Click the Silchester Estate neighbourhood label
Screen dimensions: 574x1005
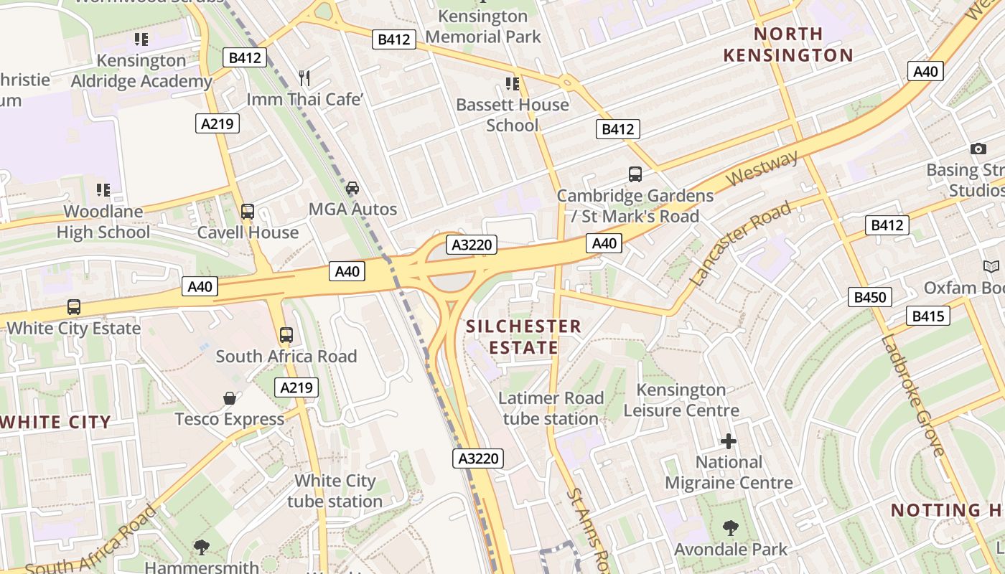click(x=523, y=337)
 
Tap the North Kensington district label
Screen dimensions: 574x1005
click(x=788, y=44)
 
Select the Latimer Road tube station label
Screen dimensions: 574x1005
click(x=551, y=408)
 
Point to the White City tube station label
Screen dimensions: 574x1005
click(x=335, y=491)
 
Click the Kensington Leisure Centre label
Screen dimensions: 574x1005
click(x=681, y=400)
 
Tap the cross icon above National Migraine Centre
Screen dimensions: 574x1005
click(x=729, y=441)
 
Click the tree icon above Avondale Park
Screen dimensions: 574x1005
click(x=730, y=529)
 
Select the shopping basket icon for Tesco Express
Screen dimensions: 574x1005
click(x=230, y=397)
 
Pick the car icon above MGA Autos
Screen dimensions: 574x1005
click(x=352, y=188)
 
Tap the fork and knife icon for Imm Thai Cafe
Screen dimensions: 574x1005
click(x=304, y=77)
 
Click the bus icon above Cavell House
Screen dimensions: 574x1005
click(x=248, y=211)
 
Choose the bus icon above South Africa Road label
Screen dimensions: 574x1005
click(x=286, y=334)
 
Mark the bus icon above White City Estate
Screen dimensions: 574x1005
click(x=73, y=307)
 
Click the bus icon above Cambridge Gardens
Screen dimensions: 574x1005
click(x=635, y=174)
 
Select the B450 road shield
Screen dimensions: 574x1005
click(x=869, y=297)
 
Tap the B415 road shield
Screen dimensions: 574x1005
click(x=928, y=316)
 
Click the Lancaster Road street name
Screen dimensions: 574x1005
click(x=742, y=243)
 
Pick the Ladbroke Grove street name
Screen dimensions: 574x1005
click(x=913, y=395)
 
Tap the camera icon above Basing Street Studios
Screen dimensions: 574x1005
click(x=978, y=149)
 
